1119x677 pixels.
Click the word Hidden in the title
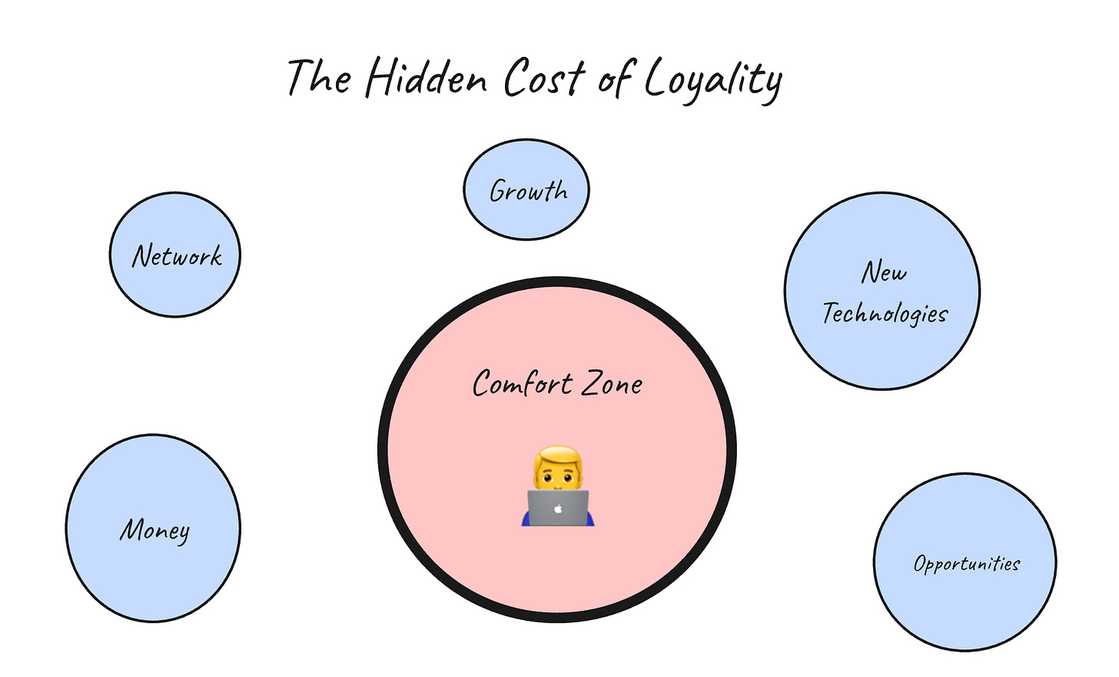coord(427,78)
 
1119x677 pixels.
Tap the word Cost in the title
coord(544,78)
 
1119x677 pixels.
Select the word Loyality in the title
coord(713,81)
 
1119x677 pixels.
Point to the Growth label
coord(528,191)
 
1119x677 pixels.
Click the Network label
coord(177,256)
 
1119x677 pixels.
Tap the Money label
coord(154,530)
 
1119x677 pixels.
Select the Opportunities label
coord(966,564)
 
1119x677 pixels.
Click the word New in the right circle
coord(884,272)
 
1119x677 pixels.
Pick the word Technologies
coord(885,313)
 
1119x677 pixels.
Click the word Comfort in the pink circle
coord(522,384)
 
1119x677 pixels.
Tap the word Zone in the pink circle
coord(612,384)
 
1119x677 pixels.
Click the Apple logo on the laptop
coord(559,509)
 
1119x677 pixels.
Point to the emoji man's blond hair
coord(559,456)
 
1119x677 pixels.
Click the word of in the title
coord(615,78)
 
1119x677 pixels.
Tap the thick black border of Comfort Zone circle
coord(383,450)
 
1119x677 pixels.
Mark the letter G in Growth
coord(499,191)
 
